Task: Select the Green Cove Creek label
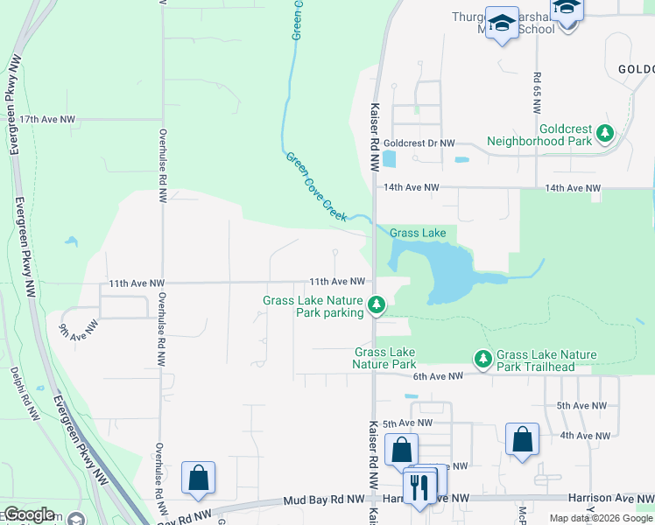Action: click(316, 185)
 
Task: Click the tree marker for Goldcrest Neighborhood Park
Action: click(604, 133)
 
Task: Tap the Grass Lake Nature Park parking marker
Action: click(377, 304)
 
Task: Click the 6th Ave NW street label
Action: click(437, 376)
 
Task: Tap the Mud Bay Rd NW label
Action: click(323, 500)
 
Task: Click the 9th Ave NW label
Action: click(76, 330)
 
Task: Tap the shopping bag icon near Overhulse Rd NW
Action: click(198, 477)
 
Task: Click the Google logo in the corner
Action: click(30, 514)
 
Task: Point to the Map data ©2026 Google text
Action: click(600, 518)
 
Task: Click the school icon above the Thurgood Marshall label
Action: click(503, 23)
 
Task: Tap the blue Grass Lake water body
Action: click(442, 267)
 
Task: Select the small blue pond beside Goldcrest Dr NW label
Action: click(389, 159)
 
